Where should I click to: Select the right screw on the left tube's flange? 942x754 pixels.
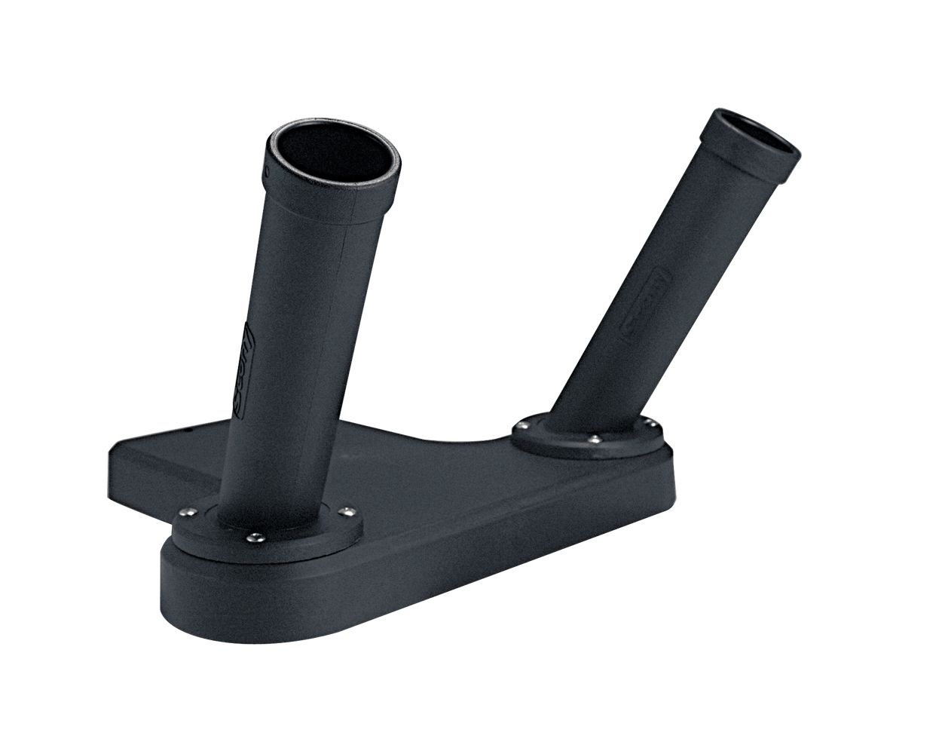click(x=346, y=511)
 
